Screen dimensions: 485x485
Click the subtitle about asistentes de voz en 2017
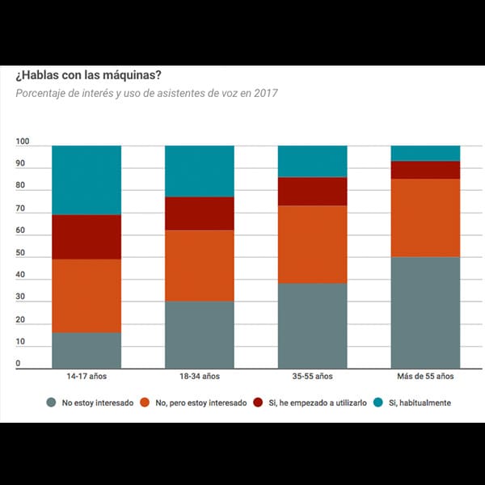tap(146, 93)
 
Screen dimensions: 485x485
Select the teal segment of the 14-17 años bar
tap(86, 179)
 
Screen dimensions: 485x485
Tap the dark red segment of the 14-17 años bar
tap(86, 236)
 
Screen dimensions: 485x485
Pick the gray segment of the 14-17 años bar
tap(86, 350)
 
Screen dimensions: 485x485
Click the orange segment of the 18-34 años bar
tap(200, 265)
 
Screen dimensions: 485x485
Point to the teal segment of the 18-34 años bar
tap(200, 171)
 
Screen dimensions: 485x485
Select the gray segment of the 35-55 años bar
tap(312, 325)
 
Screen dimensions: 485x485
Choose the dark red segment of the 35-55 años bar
tap(312, 191)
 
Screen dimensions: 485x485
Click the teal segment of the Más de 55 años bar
tap(425, 153)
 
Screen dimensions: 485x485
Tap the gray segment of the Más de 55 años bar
tap(425, 312)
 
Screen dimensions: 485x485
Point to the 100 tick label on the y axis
tap(23, 142)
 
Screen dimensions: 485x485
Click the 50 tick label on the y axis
tap(20, 253)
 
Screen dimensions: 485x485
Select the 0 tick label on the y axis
tap(18, 364)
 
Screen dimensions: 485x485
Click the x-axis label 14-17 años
tap(86, 377)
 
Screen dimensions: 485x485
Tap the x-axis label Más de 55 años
tap(425, 377)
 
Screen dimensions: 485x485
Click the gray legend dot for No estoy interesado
tap(52, 403)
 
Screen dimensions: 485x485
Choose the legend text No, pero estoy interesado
tap(200, 403)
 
